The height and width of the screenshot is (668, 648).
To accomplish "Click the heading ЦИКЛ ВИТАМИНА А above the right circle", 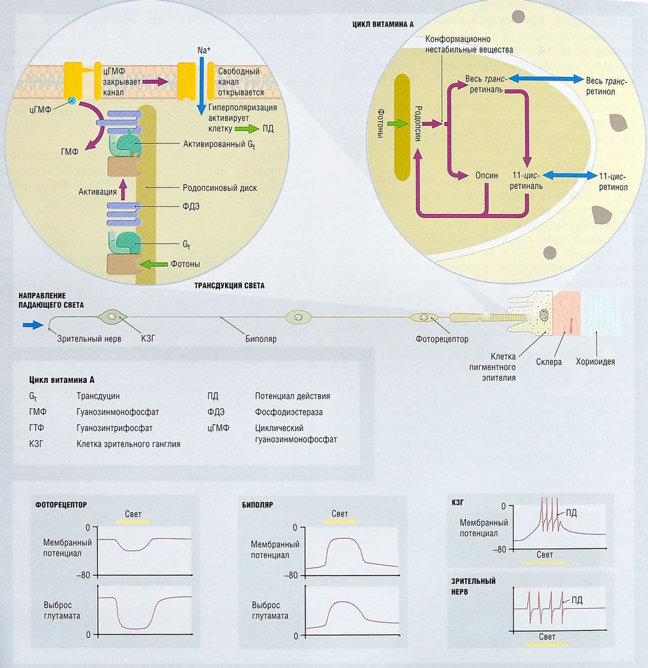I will click(x=383, y=23).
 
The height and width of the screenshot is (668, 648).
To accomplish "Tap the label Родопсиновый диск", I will click(x=219, y=188).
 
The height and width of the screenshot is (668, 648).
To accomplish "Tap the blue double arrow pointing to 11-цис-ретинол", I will click(x=570, y=175).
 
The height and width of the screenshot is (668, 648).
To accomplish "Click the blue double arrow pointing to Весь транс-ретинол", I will click(x=546, y=78).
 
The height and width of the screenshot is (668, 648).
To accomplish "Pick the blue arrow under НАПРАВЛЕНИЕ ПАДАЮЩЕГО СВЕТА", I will click(x=33, y=324).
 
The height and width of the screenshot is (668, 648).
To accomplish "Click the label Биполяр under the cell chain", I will click(x=261, y=339).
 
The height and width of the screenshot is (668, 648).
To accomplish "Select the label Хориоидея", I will click(x=595, y=361).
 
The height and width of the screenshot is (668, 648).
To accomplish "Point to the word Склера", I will click(x=549, y=361).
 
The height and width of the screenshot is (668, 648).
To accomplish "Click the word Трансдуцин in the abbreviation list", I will click(x=98, y=395).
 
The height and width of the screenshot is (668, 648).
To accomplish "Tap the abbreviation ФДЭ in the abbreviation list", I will click(x=216, y=412).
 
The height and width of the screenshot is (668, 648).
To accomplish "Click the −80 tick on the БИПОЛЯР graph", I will click(x=292, y=575).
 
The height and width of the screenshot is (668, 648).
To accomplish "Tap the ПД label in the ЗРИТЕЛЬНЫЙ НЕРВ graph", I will click(x=577, y=600).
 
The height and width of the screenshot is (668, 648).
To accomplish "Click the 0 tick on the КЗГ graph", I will click(x=503, y=506).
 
